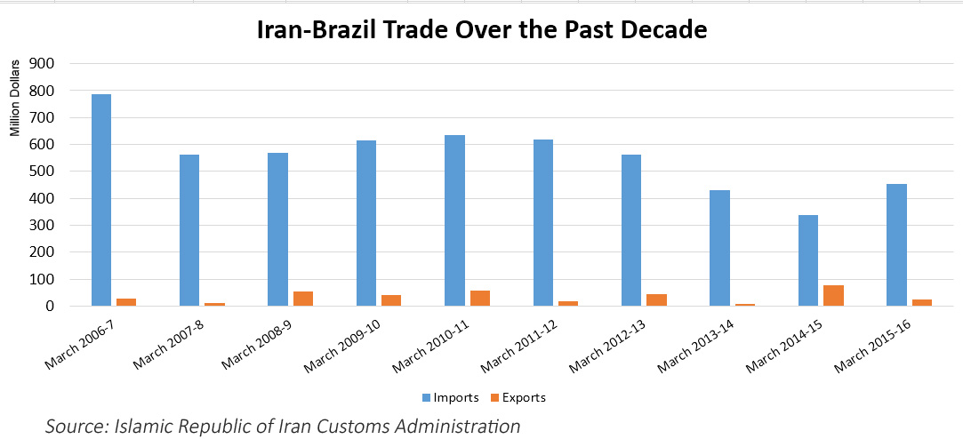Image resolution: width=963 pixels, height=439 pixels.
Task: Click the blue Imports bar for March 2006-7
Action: coord(101,200)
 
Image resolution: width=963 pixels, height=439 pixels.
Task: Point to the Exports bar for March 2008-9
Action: coord(303,299)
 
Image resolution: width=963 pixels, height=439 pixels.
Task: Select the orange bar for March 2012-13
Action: coord(656,299)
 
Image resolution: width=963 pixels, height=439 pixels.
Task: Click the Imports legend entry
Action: coord(453,397)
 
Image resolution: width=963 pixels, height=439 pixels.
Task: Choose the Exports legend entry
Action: coord(519,397)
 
